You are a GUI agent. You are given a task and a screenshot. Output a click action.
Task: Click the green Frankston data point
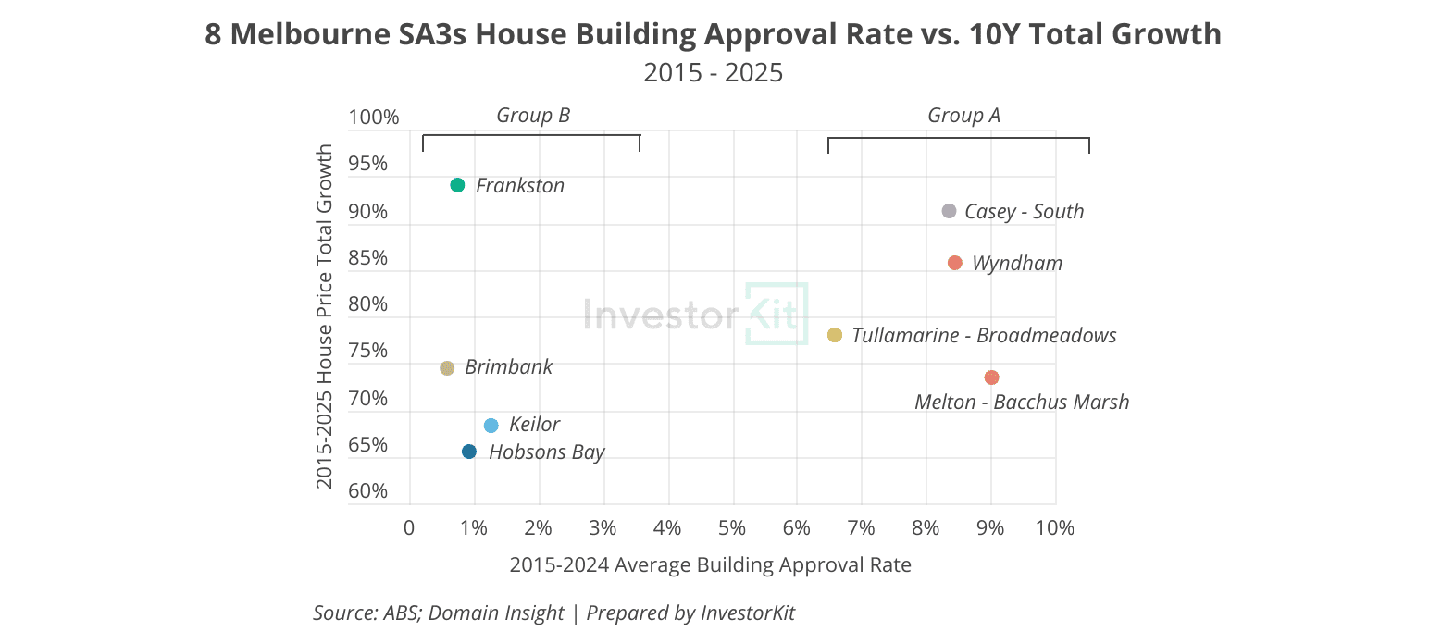[457, 185]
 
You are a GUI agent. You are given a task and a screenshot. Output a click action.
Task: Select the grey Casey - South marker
[950, 211]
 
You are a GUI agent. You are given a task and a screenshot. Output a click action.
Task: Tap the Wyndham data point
[955, 263]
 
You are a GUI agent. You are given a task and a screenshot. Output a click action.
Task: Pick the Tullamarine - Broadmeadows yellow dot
[835, 335]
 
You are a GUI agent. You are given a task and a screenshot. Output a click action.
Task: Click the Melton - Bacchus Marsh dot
[991, 378]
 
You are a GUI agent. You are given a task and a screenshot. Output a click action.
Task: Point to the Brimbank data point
[447, 368]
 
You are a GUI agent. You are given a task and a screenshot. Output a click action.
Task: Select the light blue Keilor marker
[491, 426]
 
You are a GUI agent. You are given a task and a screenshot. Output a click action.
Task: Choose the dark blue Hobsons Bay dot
[469, 452]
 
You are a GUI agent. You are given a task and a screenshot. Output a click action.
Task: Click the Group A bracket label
[963, 115]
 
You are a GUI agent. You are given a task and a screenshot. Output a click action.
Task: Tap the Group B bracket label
[533, 115]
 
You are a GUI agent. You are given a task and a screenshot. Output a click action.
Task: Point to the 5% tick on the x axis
[732, 528]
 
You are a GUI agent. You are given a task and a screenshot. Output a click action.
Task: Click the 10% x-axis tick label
[1054, 528]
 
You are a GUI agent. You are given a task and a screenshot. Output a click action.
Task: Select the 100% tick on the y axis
[374, 118]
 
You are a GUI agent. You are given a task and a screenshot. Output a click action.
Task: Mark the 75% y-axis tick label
[368, 350]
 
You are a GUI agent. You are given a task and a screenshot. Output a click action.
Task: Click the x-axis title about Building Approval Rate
[710, 564]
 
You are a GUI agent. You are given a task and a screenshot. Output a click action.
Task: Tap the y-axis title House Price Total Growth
[325, 316]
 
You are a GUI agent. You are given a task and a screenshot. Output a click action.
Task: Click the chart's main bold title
[714, 34]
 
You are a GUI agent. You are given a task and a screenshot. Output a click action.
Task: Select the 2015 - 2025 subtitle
[714, 73]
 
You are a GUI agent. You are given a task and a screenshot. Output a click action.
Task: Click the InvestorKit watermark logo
[696, 314]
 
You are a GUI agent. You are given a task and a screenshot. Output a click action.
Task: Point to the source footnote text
[553, 613]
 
